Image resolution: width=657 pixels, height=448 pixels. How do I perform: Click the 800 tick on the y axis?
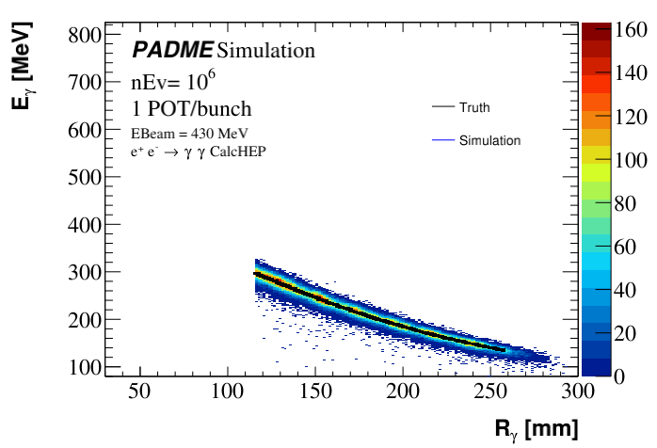(85, 36)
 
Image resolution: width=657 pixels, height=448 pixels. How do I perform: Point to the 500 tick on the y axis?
(85, 178)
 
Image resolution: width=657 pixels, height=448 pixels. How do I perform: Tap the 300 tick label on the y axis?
(85, 273)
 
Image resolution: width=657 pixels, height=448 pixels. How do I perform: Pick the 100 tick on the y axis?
(85, 367)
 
